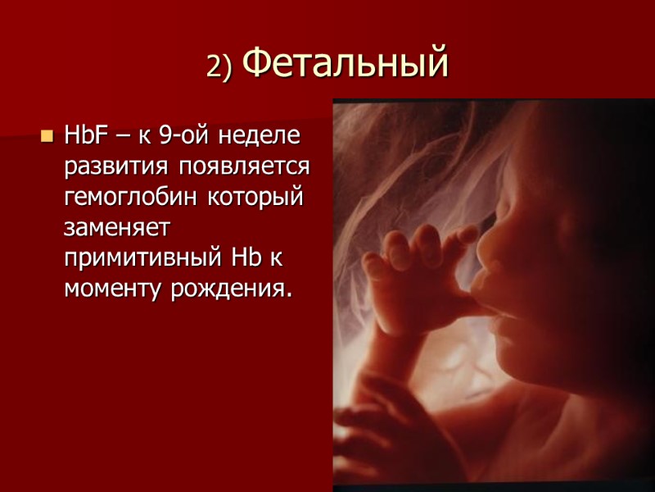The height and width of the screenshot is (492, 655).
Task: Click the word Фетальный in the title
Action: point(347,63)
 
